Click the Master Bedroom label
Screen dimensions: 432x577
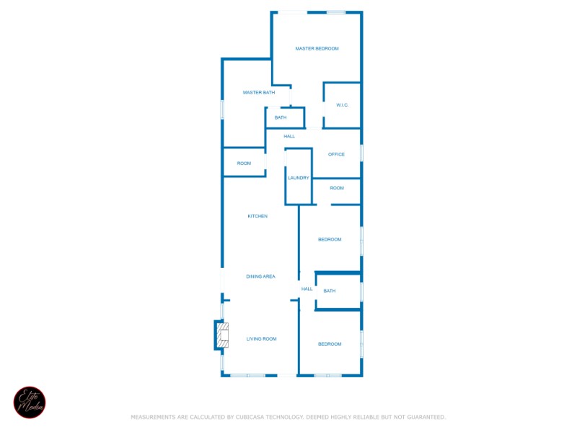[317, 49]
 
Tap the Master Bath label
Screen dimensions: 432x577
[258, 92]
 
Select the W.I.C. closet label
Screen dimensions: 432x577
[342, 105]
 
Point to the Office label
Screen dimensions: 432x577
[336, 154]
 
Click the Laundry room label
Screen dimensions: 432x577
[298, 178]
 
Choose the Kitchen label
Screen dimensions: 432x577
[257, 216]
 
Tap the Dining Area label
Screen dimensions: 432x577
[260, 276]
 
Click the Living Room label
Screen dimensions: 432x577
[261, 338]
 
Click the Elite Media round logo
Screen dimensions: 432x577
[30, 402]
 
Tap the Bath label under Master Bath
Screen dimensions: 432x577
[281, 117]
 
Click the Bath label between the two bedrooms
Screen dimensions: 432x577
[329, 291]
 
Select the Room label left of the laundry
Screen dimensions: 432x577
[244, 163]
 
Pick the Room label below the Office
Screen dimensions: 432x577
[337, 188]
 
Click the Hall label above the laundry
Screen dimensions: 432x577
[289, 136]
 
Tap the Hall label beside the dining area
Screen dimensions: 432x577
[307, 289]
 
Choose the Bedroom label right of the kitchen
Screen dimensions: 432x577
[330, 239]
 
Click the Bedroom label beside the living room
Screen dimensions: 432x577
[330, 344]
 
